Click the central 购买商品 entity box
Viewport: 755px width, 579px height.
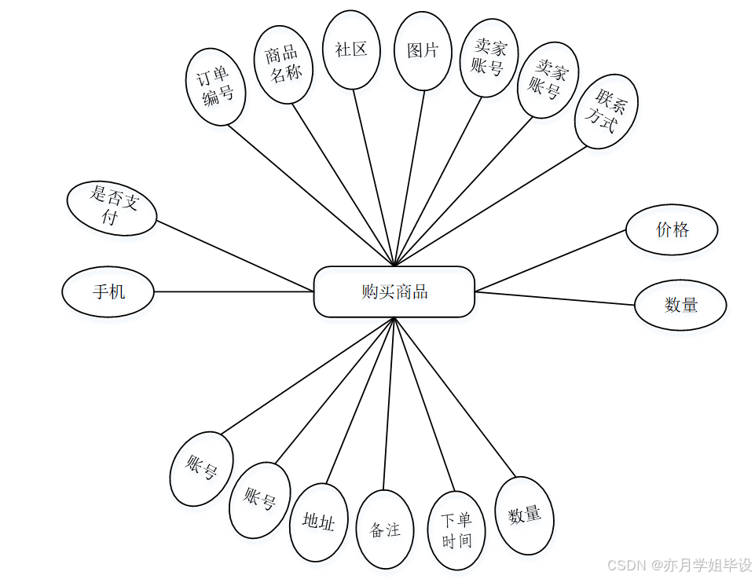coord(394,292)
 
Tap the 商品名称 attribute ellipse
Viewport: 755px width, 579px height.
coord(284,64)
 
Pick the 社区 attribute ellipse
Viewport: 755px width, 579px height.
coord(351,49)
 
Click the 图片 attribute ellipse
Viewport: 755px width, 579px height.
coord(423,51)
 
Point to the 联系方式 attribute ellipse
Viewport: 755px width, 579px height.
coord(606,111)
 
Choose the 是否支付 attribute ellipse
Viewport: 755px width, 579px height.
coord(112,208)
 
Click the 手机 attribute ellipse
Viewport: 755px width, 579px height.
coord(108,291)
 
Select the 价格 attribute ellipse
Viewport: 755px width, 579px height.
coord(672,230)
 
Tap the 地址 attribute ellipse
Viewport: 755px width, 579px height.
coord(318,522)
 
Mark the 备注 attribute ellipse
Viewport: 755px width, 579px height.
coord(385,530)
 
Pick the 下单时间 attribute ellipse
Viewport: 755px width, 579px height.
coord(456,531)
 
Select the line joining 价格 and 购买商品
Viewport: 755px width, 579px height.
coord(550,261)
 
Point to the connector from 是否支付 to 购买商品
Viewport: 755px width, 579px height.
coord(236,256)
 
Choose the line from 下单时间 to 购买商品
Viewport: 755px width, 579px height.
coord(424,405)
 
